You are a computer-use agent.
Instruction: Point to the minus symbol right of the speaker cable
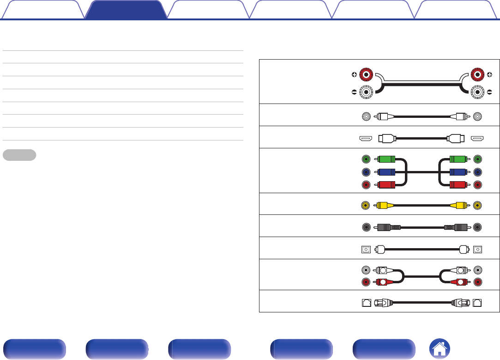pyautogui.click(x=489, y=92)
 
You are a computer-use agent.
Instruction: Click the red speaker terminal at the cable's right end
pyautogui.click(x=477, y=75)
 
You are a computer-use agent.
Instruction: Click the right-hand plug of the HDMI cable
pyautogui.click(x=455, y=138)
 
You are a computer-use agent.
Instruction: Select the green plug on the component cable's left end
pyautogui.click(x=386, y=159)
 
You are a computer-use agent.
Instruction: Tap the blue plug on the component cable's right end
pyautogui.click(x=459, y=172)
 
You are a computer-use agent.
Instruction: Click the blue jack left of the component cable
pyautogui.click(x=366, y=172)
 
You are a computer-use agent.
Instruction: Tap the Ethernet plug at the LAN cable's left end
pyautogui.click(x=383, y=303)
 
